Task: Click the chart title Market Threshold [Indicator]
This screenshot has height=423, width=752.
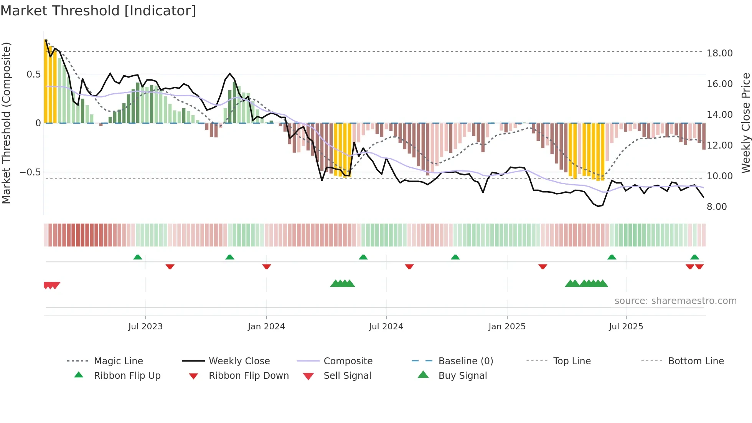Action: click(98, 11)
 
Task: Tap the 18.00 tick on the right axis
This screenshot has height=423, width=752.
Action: click(719, 53)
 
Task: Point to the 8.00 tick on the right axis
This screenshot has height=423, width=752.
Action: click(717, 207)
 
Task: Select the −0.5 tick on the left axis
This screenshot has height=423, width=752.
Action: click(30, 172)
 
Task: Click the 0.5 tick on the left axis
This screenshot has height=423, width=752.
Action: click(33, 74)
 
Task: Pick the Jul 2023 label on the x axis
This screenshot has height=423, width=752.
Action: click(145, 327)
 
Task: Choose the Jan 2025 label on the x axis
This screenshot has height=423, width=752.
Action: click(507, 327)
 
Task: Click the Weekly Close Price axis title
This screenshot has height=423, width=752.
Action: click(745, 123)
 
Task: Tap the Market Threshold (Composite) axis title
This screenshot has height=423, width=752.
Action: click(6, 123)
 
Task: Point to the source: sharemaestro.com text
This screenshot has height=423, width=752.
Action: click(675, 301)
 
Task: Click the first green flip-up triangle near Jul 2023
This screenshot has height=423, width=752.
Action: click(138, 257)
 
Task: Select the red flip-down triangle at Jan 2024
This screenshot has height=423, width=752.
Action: click(267, 266)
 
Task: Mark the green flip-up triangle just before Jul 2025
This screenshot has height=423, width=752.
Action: click(612, 257)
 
